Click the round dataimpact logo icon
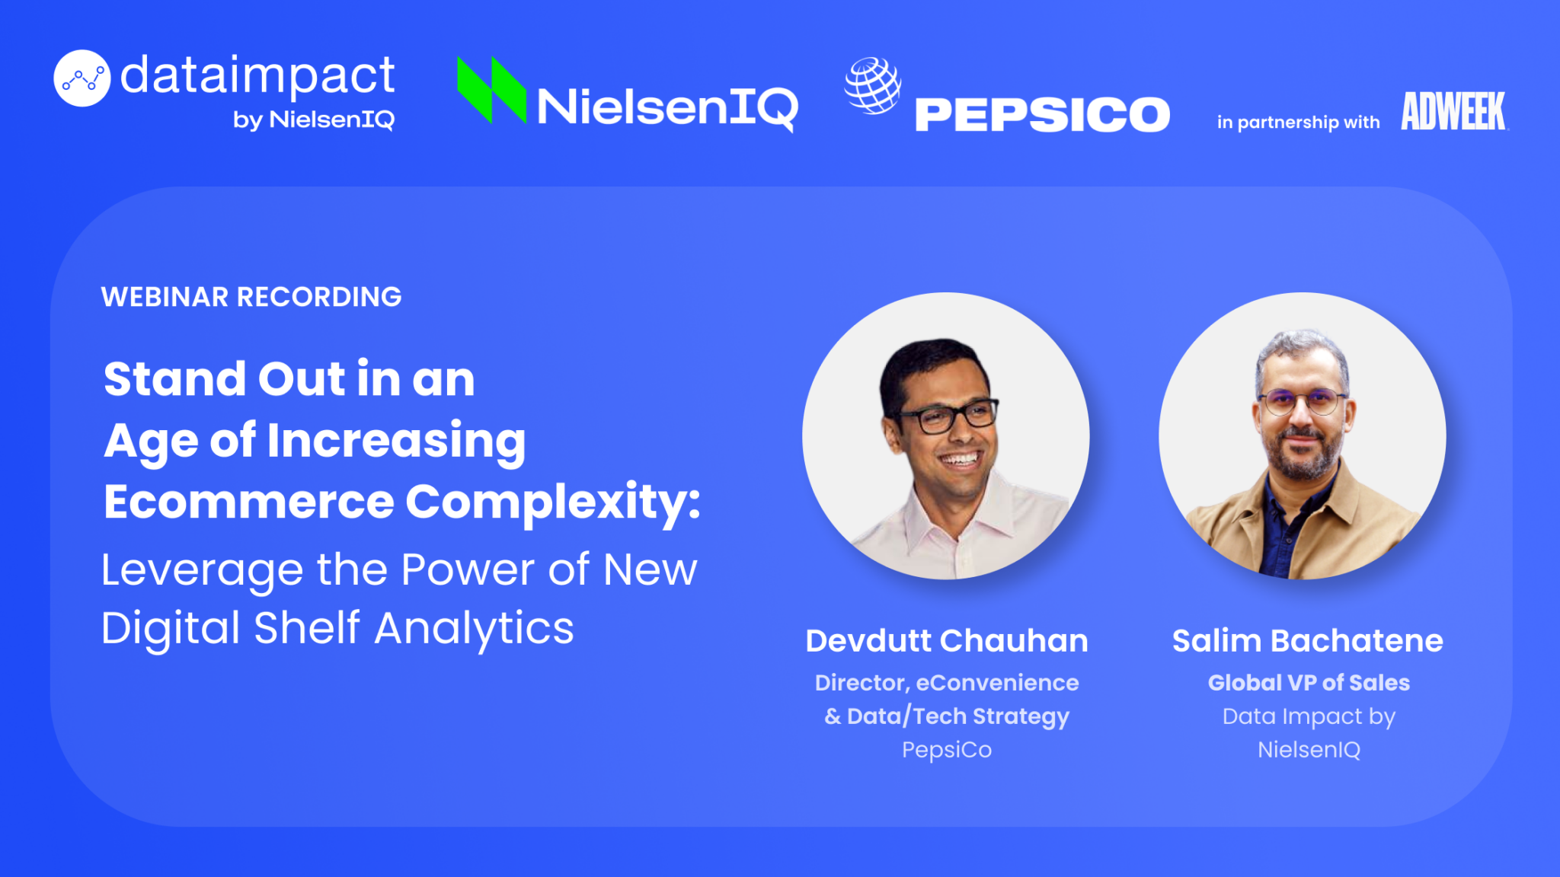[x=82, y=78]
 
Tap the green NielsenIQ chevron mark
[x=491, y=90]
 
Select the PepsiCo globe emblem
[x=873, y=85]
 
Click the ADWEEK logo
[x=1454, y=111]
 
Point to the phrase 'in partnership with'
[x=1298, y=122]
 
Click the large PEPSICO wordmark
[x=1042, y=115]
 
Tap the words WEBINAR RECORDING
[x=251, y=297]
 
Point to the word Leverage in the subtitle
[x=202, y=572]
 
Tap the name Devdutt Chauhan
[x=947, y=641]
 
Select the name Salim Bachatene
[x=1308, y=641]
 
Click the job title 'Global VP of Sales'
[x=1309, y=683]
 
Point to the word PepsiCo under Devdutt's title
[x=947, y=750]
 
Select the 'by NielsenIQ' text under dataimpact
[x=314, y=120]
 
